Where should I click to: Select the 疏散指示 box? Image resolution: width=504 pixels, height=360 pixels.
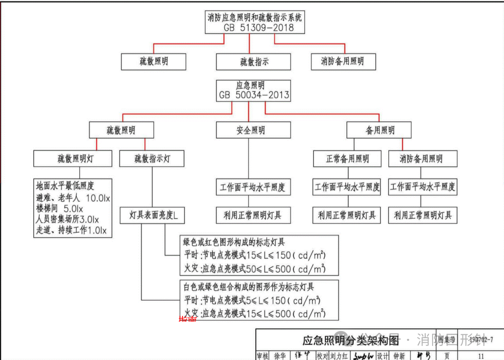[253, 62]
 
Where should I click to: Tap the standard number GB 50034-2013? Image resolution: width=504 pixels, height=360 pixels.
[254, 95]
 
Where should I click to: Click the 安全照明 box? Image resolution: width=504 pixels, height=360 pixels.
[250, 130]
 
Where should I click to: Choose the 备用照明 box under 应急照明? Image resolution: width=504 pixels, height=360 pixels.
[379, 130]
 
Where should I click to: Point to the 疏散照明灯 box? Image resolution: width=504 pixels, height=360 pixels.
[73, 159]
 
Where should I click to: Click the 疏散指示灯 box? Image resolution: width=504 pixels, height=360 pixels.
[152, 159]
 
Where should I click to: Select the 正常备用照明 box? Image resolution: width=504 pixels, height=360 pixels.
[347, 159]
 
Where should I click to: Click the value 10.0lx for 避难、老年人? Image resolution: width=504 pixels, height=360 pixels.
[98, 198]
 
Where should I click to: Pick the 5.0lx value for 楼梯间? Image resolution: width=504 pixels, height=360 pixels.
[73, 208]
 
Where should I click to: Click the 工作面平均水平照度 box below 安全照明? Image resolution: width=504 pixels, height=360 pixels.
[252, 188]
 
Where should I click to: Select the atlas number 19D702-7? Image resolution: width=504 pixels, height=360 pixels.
[481, 339]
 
